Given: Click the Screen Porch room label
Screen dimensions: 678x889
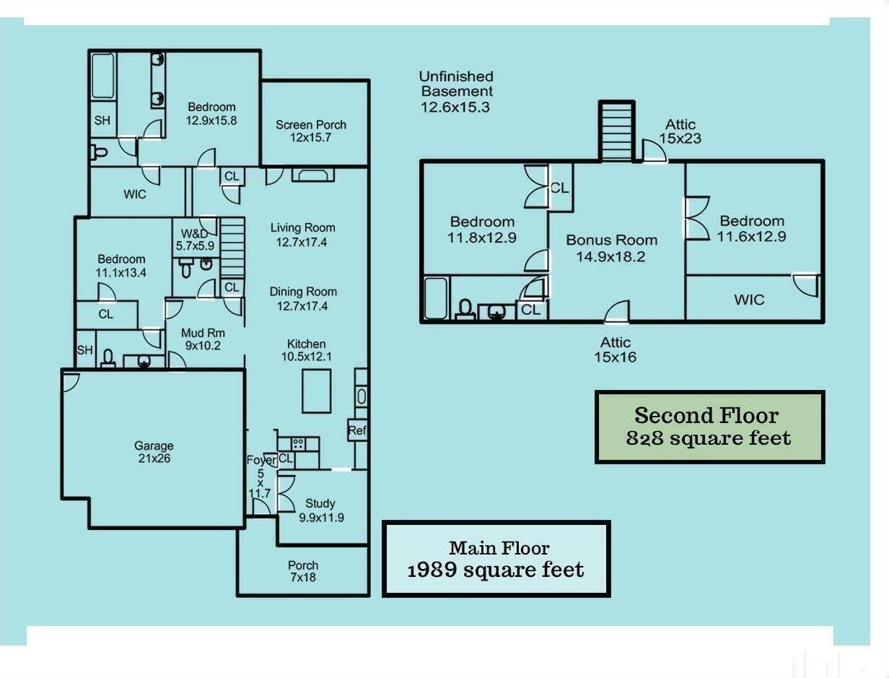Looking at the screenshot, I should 311,131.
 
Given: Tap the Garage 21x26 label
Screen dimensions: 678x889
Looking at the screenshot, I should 154,452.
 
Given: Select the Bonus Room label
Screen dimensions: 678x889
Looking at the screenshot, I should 611,248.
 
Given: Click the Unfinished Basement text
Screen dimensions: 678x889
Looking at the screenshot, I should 457,92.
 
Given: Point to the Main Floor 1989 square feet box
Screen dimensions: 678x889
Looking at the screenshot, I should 496,559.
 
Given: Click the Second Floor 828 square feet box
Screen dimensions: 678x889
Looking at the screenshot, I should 709,427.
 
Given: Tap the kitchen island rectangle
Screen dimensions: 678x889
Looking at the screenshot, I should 316,391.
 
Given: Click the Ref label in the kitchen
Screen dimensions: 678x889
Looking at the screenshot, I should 357,430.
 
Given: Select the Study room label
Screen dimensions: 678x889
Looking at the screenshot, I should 320,510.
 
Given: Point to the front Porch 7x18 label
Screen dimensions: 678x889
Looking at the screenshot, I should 302,571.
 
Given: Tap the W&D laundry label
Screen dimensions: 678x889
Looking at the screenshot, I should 195,239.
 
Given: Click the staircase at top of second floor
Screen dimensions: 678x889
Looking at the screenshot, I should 617,132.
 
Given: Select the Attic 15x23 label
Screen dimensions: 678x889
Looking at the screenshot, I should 680,131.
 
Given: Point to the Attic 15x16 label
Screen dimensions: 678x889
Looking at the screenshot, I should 616,349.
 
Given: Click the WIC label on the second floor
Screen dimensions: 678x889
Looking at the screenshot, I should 749,300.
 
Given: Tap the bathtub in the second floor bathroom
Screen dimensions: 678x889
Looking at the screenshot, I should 435,297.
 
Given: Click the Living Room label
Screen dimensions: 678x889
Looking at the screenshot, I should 302,235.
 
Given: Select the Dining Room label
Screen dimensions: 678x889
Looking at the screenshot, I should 303,299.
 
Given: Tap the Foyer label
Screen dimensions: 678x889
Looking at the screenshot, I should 260,460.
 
